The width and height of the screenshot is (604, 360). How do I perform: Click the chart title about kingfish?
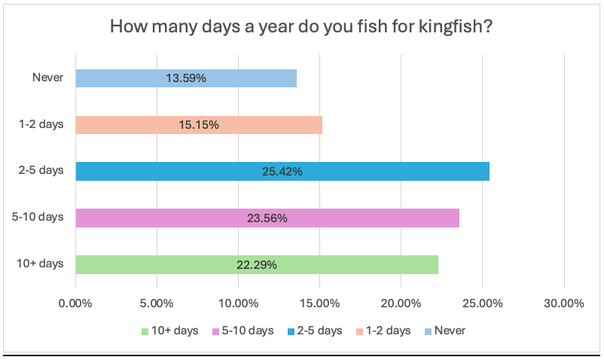(301, 26)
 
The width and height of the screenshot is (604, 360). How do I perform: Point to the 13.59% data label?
(186, 78)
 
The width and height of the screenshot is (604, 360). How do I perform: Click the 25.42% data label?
(282, 171)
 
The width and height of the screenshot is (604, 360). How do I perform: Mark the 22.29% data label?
(257, 264)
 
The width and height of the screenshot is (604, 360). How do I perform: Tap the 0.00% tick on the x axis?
(75, 304)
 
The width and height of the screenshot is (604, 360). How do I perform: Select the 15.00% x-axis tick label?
(319, 304)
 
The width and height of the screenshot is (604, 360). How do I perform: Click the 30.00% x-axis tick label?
(563, 304)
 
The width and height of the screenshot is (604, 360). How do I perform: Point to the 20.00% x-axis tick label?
(401, 304)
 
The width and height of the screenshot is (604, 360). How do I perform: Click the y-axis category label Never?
(48, 77)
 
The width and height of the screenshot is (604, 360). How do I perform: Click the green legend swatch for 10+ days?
(144, 331)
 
